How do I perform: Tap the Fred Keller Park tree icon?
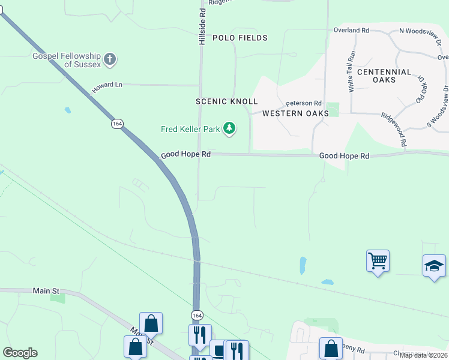click(x=229, y=128)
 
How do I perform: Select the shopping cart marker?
click(x=378, y=261)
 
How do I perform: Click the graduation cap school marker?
click(x=434, y=266)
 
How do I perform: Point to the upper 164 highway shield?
click(x=117, y=124)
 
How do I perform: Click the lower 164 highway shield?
click(x=197, y=315)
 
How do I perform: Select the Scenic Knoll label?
click(x=226, y=101)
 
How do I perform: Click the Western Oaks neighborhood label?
click(x=295, y=113)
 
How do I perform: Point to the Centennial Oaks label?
click(x=384, y=76)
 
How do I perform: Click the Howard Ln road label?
click(x=107, y=88)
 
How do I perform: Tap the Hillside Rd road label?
click(x=202, y=21)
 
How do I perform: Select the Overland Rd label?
click(x=351, y=30)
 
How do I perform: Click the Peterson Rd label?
click(x=304, y=103)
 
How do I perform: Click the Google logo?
click(x=20, y=353)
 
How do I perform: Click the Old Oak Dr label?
click(x=420, y=91)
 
